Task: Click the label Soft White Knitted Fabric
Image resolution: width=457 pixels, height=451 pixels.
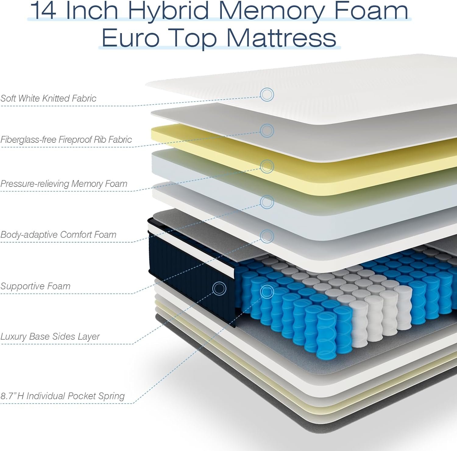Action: click(x=48, y=98)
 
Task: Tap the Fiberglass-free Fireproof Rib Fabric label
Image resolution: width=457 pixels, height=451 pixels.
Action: click(x=66, y=139)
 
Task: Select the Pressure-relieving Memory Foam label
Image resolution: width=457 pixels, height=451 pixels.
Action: click(x=64, y=184)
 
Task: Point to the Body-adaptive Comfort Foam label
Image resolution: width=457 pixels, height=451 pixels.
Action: click(x=58, y=235)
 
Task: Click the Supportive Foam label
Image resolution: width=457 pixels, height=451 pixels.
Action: click(x=35, y=286)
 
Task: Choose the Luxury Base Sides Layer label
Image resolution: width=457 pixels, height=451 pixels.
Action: click(x=50, y=336)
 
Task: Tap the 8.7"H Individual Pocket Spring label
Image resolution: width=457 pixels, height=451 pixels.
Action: click(x=63, y=396)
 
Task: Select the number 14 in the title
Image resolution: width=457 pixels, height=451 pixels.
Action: click(x=43, y=10)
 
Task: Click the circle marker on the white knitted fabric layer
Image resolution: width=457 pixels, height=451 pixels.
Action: click(x=267, y=95)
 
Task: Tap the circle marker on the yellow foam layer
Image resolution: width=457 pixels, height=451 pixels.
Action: click(x=267, y=166)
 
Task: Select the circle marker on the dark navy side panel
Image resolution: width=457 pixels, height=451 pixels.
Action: click(x=219, y=288)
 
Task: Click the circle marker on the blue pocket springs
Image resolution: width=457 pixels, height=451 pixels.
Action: click(x=267, y=292)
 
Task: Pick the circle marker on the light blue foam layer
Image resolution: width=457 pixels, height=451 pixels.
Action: click(x=267, y=202)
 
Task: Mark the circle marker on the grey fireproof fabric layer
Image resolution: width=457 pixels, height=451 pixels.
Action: click(x=267, y=131)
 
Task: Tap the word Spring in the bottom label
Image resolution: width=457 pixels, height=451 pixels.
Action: click(x=112, y=396)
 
